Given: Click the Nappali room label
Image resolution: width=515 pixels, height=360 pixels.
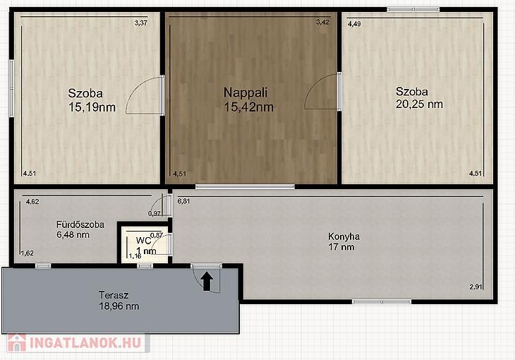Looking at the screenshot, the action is point(246,92).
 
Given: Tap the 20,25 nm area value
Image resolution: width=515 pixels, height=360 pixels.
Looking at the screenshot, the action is point(419,104).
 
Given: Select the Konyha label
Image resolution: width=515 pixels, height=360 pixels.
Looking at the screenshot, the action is point(344,236).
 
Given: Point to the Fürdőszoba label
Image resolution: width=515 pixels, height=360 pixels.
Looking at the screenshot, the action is point(80,224).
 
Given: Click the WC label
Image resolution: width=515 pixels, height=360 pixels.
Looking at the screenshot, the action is point(143,241).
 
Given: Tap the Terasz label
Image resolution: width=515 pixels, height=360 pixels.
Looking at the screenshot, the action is point(114,295).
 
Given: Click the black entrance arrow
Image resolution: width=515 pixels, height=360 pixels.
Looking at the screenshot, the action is point(207,282).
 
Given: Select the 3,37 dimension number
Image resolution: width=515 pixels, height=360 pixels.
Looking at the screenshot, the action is point(141,23).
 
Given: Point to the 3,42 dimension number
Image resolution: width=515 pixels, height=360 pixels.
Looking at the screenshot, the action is point(322,22).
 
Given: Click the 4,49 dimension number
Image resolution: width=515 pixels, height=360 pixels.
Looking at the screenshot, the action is point(354,24).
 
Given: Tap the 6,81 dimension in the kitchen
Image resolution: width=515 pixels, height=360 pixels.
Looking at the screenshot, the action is point(183,201).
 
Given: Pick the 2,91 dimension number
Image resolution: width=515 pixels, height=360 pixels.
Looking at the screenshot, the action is point(475,287).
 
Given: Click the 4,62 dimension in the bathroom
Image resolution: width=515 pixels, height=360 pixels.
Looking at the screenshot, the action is point(32,202).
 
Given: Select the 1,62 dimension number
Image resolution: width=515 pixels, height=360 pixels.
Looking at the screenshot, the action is point(28,253).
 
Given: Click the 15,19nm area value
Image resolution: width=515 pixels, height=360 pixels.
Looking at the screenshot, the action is point(92,107).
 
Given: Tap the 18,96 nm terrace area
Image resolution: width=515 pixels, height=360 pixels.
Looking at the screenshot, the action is point(119,306).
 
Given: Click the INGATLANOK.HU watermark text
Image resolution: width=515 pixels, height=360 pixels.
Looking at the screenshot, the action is point(85,342).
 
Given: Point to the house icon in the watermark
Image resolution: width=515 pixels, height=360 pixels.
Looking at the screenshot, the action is point(17,343).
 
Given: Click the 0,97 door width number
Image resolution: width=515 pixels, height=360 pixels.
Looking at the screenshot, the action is point(154,214).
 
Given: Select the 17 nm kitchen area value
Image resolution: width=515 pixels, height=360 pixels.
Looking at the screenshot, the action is point(341,247).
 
